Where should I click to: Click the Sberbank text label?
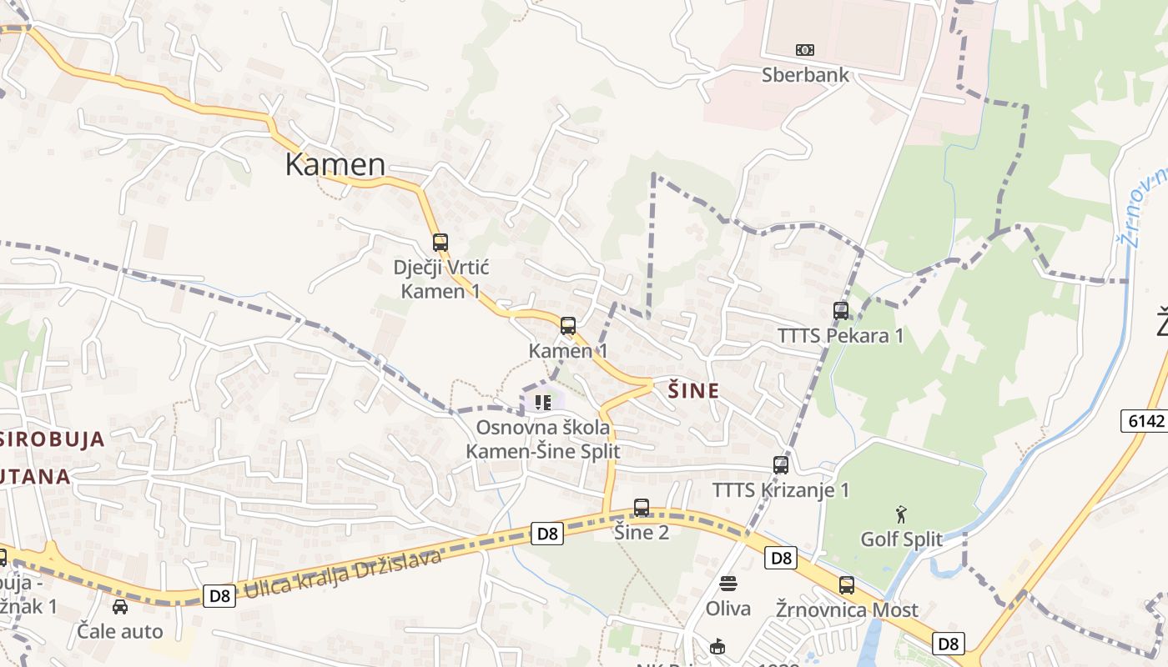[x=805, y=75]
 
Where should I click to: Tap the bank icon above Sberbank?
[x=805, y=50]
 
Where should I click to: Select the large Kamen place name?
[x=335, y=165]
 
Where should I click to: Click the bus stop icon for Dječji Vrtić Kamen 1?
[x=441, y=243]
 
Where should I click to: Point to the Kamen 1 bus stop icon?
[x=568, y=326]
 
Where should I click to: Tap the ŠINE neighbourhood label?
[x=694, y=390]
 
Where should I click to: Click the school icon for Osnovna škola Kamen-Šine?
[x=543, y=403]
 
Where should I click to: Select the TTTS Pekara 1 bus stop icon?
[x=841, y=311]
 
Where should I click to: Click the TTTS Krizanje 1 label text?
[x=780, y=489]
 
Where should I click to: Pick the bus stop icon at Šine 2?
[x=642, y=507]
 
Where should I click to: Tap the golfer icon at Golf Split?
[x=901, y=514]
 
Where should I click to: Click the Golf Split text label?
[x=901, y=539]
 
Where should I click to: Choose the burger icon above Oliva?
[x=728, y=583]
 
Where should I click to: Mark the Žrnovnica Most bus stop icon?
[x=847, y=585]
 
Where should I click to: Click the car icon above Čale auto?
[x=120, y=606]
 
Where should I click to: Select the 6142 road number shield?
[x=1145, y=421]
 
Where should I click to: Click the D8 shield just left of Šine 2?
[x=546, y=534]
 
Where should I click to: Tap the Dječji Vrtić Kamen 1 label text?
[x=441, y=279]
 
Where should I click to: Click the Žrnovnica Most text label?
[x=847, y=609]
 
